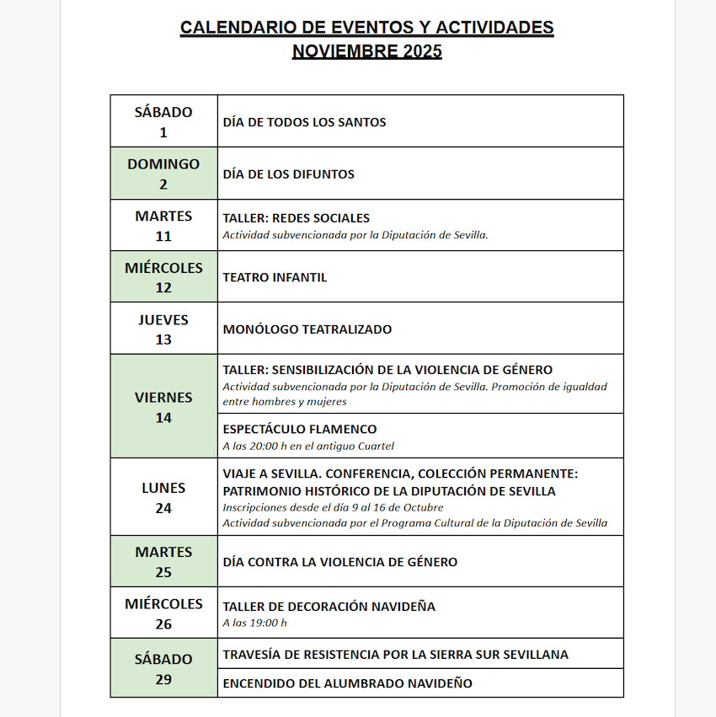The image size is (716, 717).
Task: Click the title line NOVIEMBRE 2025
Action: click(x=366, y=51)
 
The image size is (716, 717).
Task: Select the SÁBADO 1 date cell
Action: click(x=163, y=121)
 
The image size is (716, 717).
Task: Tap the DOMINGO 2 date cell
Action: click(x=163, y=174)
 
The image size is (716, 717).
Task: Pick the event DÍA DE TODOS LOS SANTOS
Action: click(x=304, y=122)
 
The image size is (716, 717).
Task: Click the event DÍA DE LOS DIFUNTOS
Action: click(x=288, y=174)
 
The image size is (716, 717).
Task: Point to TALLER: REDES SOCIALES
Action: click(x=296, y=218)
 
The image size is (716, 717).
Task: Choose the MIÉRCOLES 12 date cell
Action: click(x=163, y=277)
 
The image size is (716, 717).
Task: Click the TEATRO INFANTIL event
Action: click(x=275, y=277)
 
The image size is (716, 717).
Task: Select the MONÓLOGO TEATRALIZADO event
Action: click(x=307, y=329)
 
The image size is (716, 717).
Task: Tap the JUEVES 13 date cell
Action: click(x=163, y=329)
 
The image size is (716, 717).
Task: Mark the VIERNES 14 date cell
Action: click(x=163, y=407)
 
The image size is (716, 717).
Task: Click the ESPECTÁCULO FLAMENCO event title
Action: click(x=299, y=430)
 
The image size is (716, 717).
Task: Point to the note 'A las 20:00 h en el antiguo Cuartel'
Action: click(x=308, y=446)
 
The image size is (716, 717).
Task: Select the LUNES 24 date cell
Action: click(x=163, y=497)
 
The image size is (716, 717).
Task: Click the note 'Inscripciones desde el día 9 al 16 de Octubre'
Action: click(x=333, y=507)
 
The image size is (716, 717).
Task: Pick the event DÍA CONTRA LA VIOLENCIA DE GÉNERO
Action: click(x=339, y=562)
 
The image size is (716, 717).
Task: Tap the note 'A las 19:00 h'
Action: click(x=254, y=623)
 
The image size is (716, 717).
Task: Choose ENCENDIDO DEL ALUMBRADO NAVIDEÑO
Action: click(x=347, y=683)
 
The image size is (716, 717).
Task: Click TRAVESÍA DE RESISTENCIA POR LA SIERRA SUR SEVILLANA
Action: click(x=395, y=655)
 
